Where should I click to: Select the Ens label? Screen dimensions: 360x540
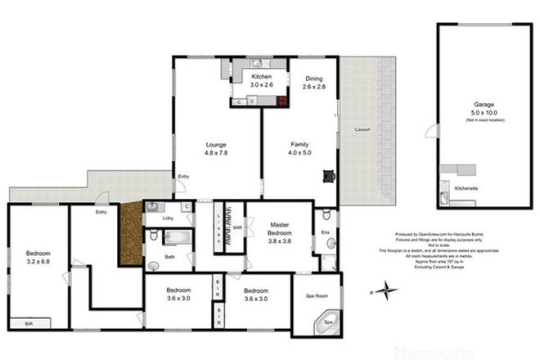(326, 233)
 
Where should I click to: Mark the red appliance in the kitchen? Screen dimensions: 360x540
(283, 101)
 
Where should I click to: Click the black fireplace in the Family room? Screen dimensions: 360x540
(329, 174)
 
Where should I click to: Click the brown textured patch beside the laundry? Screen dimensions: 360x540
(130, 233)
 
